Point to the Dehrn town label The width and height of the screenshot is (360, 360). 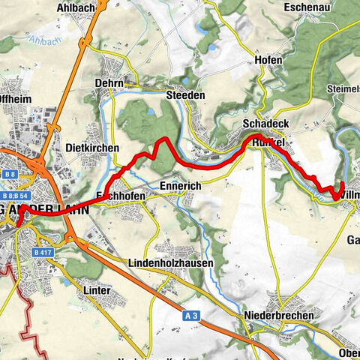(109, 84)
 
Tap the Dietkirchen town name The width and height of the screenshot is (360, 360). (92, 148)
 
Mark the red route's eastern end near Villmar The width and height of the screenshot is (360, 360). (341, 183)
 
